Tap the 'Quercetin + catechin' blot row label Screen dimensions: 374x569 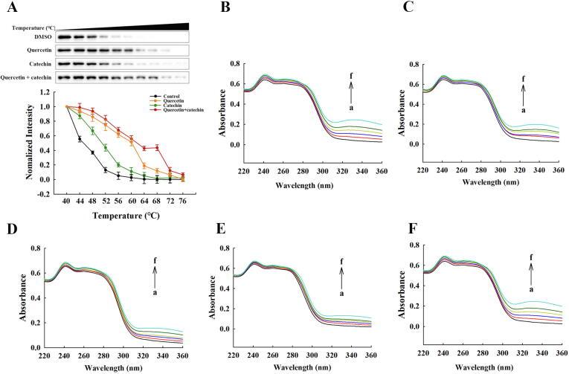point(28,76)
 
